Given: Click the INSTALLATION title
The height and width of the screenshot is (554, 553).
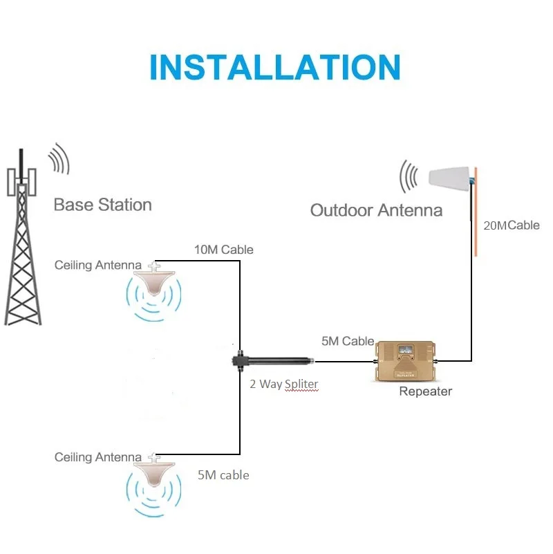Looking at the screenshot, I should tap(275, 67).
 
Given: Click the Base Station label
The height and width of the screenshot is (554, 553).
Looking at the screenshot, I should tap(102, 205).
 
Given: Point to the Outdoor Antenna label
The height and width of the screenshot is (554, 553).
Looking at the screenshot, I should tap(376, 210).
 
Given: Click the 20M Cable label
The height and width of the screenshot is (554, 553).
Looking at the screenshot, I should tap(511, 225).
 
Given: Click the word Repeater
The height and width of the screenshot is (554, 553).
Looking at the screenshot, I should tap(425, 391).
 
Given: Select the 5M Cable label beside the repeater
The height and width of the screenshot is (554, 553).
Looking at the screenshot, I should tap(348, 341).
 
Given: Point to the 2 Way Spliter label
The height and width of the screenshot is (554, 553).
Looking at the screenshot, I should tap(284, 384).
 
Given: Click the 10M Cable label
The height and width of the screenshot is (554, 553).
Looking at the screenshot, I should tap(223, 249).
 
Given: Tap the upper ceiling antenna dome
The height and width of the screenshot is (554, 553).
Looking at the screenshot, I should tap(155, 280).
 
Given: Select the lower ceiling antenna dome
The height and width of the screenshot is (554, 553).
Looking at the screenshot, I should tap(155, 472).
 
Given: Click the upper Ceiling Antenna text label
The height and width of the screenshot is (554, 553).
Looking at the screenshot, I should tap(98, 265).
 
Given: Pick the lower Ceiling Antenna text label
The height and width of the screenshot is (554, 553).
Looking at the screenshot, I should tap(98, 457).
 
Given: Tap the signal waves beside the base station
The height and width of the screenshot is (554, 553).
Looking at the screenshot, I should tap(59, 160).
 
